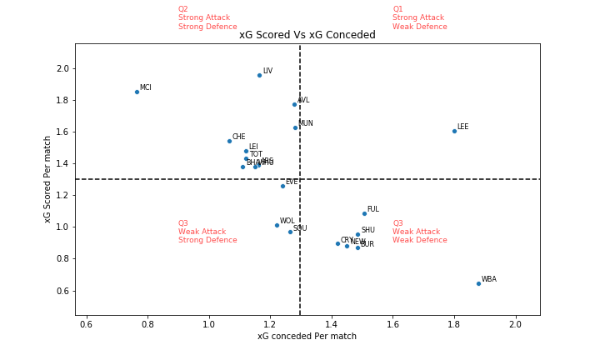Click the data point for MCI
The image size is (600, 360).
(x=137, y=92)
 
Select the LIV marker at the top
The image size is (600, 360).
(x=259, y=75)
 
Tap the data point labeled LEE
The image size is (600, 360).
(x=454, y=131)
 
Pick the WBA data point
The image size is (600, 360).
(x=478, y=283)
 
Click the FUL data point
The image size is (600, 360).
(x=364, y=213)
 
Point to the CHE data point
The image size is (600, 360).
(x=229, y=141)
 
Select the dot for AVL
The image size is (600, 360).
(x=294, y=104)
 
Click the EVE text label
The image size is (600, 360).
(x=292, y=182)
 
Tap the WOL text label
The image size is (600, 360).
(x=287, y=222)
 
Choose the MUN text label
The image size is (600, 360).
(x=305, y=123)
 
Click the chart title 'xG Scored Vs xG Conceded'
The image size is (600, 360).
(x=307, y=35)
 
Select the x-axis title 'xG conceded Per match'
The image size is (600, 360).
(x=307, y=337)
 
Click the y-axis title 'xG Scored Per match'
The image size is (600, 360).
(x=47, y=178)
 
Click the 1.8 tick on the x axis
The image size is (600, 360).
(x=454, y=324)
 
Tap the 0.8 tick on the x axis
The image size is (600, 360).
(x=147, y=324)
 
